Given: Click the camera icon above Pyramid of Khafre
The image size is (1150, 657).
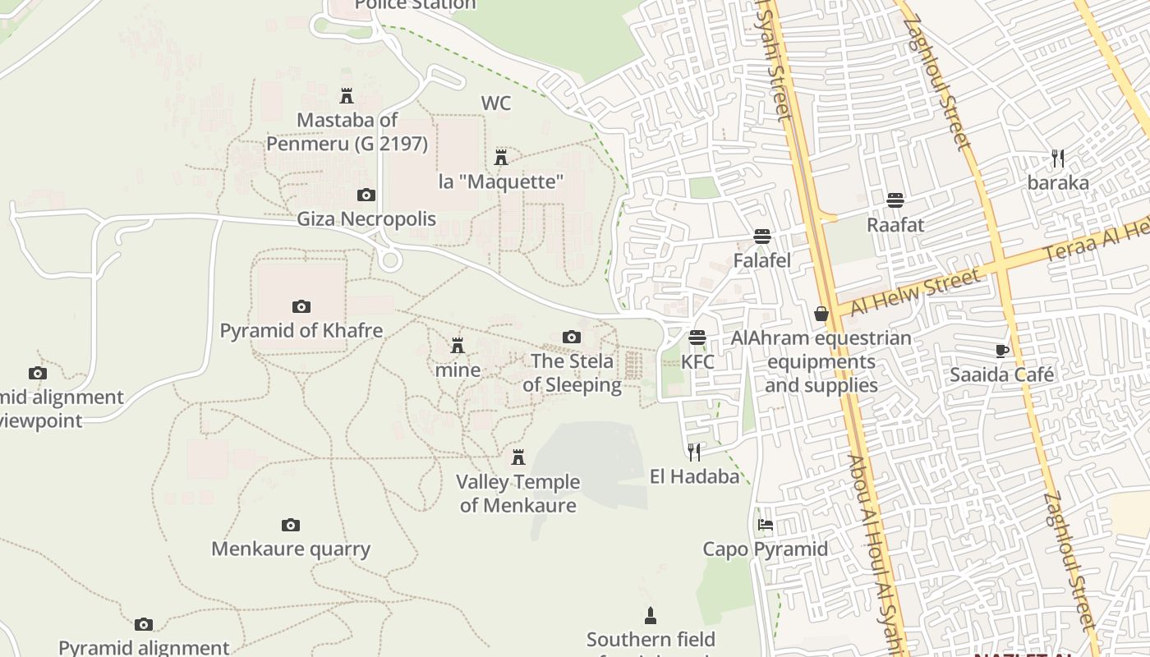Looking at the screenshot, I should (x=301, y=306).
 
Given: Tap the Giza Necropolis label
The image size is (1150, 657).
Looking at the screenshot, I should (x=366, y=219).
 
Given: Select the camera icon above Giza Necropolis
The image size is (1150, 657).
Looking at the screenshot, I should (x=366, y=195).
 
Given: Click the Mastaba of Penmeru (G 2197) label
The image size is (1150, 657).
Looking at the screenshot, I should (x=347, y=132).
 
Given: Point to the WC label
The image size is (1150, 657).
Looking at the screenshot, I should (x=496, y=103).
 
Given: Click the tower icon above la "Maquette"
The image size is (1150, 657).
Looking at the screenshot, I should (x=501, y=157).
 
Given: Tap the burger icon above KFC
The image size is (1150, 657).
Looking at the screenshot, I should (x=697, y=338).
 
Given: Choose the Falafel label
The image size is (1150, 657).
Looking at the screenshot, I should (x=762, y=261).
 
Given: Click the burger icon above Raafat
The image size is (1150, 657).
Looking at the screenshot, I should (x=895, y=200).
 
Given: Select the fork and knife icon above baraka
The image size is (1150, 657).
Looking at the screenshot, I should (x=1058, y=158).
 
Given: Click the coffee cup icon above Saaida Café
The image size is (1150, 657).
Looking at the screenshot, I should (x=1002, y=351).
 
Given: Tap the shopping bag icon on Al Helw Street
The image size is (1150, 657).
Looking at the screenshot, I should (x=821, y=314).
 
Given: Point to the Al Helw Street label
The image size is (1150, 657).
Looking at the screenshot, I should (x=915, y=292).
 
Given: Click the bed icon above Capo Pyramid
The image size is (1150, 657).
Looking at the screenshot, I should (x=766, y=525).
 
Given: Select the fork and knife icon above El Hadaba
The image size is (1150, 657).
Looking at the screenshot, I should (x=694, y=452).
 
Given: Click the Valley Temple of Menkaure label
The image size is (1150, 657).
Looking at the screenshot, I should (x=517, y=494).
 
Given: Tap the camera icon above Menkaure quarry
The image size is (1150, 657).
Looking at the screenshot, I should (x=291, y=525).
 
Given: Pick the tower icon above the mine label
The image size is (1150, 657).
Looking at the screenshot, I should (x=458, y=346).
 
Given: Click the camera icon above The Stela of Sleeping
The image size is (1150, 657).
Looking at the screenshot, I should (x=572, y=337).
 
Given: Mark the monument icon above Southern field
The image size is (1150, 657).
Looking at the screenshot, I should (x=651, y=615).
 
